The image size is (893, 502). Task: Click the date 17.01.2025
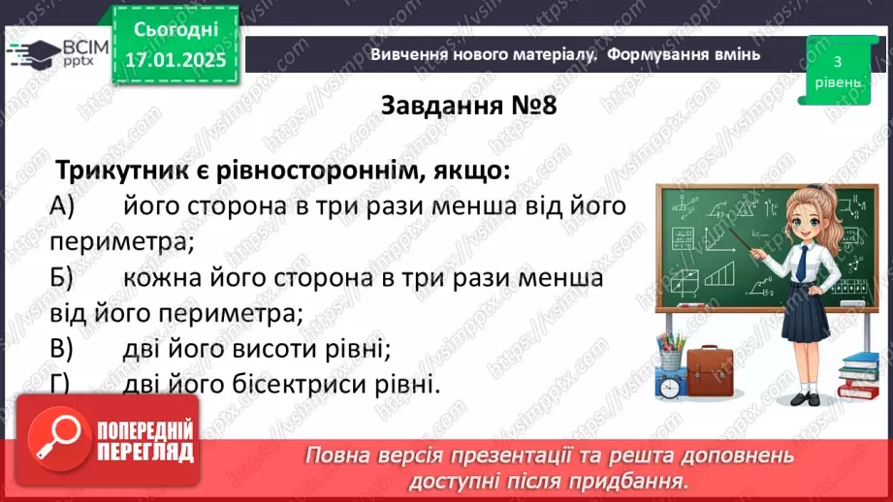point(175,60)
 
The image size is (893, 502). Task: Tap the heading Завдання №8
point(469,104)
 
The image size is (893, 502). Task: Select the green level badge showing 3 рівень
point(837,70)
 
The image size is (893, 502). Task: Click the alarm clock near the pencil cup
point(669,386)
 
